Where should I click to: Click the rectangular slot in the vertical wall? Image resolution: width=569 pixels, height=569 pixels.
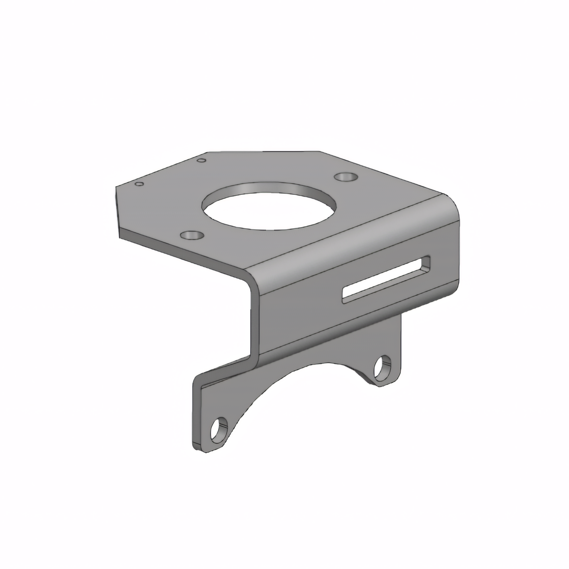386,280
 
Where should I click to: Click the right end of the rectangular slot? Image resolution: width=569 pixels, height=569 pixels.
426,264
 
